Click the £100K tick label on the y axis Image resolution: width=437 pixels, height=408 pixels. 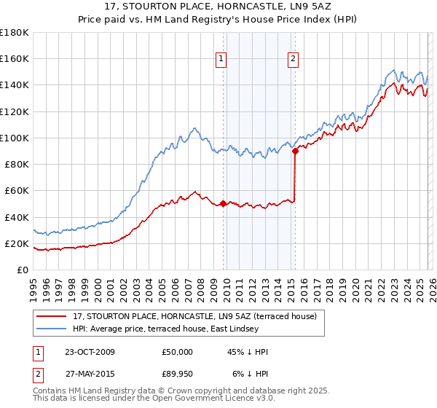(15, 138)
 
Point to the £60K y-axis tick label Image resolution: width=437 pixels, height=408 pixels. (17, 190)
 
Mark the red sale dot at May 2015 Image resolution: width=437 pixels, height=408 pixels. (295, 152)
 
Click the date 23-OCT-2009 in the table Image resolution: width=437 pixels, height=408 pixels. (90, 352)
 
